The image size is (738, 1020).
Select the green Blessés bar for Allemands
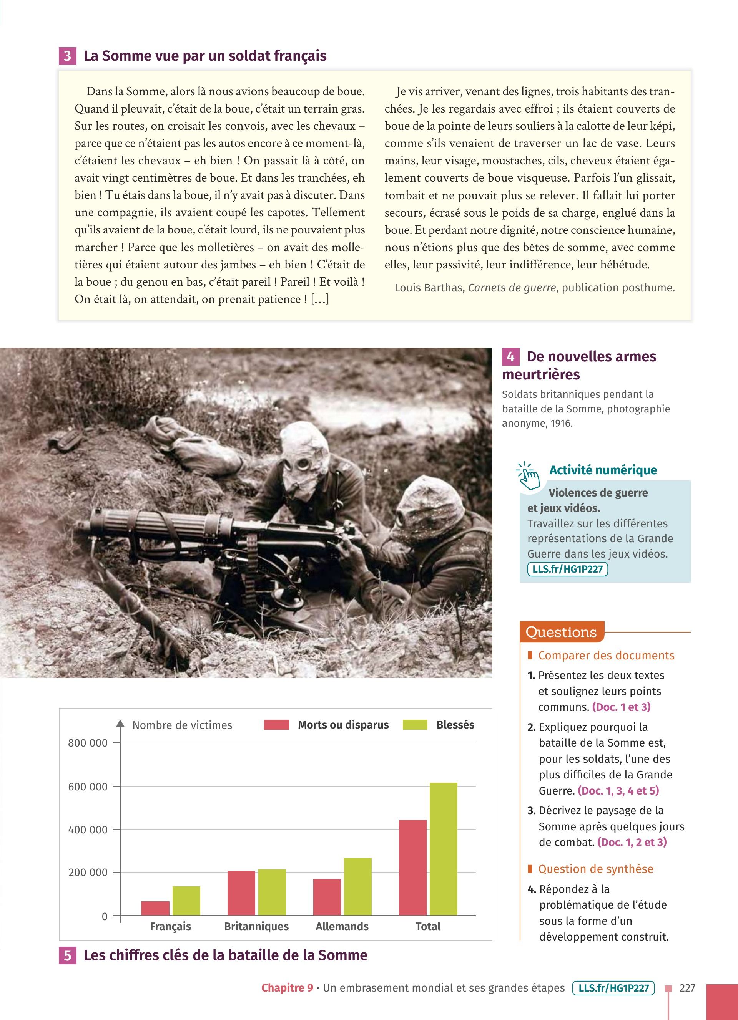(x=358, y=886)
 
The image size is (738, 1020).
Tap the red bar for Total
(x=413, y=868)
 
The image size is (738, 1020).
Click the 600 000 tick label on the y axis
(x=88, y=787)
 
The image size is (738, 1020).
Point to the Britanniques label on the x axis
(x=256, y=926)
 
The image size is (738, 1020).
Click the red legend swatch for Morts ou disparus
(x=276, y=725)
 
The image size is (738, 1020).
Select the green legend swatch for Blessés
(x=414, y=725)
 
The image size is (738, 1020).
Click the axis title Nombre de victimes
(x=182, y=725)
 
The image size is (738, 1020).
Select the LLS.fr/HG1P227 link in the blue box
(x=567, y=569)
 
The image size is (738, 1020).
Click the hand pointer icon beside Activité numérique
(x=528, y=476)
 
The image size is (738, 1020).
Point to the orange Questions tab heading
(x=561, y=632)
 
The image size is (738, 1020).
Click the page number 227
(x=687, y=988)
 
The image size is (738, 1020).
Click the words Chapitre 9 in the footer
(x=287, y=988)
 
